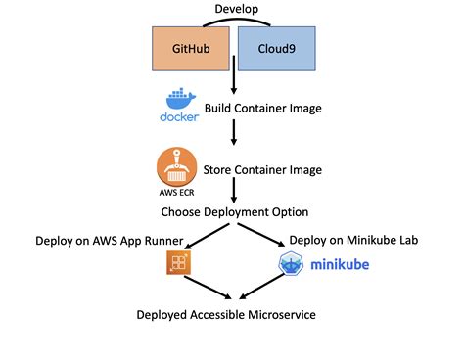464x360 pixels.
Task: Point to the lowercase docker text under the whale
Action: click(x=177, y=119)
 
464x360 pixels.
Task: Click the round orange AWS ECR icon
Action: click(x=177, y=166)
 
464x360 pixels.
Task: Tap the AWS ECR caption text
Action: click(x=177, y=194)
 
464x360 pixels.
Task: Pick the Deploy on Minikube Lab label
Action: click(x=355, y=240)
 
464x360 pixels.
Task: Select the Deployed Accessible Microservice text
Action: click(x=233, y=314)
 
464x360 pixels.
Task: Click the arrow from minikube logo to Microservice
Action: click(x=261, y=287)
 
